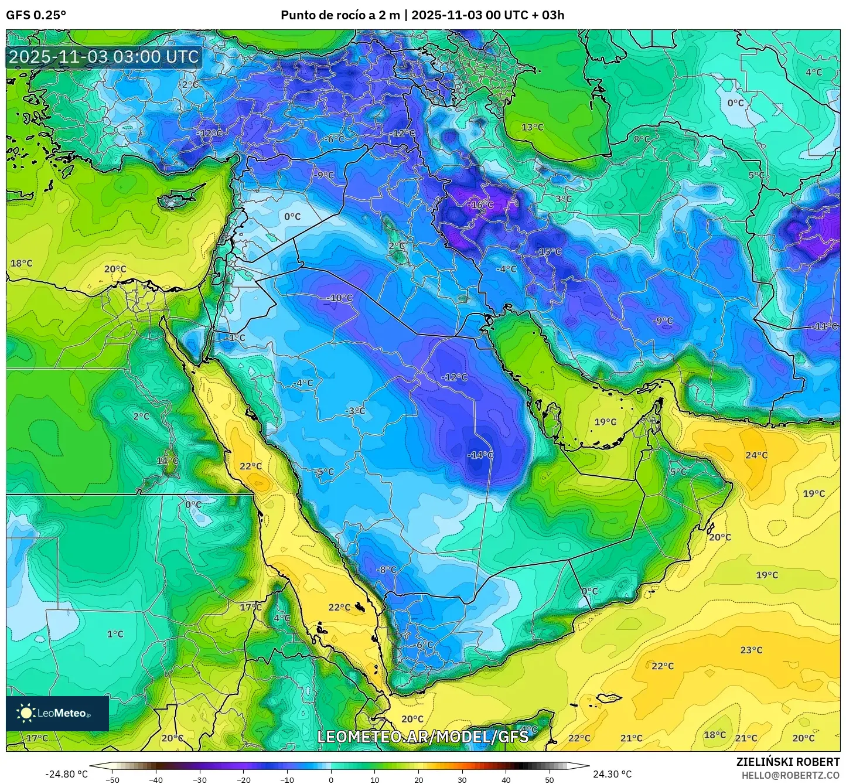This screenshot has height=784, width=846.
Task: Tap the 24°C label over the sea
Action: point(756,455)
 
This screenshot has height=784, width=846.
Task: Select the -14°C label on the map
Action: point(480,455)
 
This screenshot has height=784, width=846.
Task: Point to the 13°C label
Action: point(532,127)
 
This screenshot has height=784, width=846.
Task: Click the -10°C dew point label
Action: point(339,298)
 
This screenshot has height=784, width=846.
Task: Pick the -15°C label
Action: point(548,251)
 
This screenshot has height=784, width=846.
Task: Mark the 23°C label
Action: point(751,650)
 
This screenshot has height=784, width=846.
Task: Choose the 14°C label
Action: point(167,461)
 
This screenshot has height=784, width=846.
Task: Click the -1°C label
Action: point(236,338)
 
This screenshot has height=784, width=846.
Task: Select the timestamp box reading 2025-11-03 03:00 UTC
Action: point(104,57)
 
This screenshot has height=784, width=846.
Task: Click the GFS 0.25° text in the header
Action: point(36,15)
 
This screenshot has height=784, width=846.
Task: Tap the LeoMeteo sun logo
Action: point(26,713)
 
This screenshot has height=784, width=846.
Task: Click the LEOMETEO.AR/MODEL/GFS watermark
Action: point(422,737)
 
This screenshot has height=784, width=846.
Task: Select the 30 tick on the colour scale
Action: point(462,779)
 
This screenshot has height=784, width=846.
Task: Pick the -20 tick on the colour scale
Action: point(244,779)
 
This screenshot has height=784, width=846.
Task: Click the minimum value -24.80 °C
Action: point(66,774)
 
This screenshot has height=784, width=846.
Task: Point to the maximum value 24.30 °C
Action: point(612,774)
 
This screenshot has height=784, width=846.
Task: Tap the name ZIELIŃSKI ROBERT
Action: point(787,762)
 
